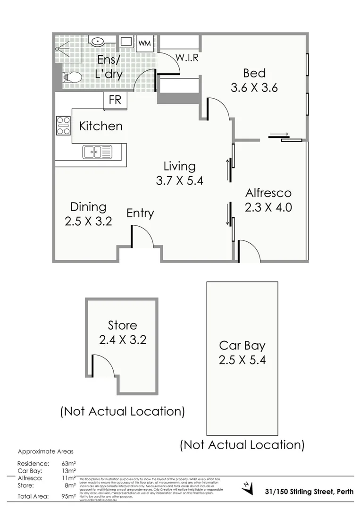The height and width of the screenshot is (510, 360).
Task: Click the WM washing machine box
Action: click(x=145, y=43)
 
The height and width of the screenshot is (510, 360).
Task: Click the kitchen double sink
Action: click(x=97, y=152)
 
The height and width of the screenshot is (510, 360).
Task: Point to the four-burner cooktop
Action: click(x=63, y=126)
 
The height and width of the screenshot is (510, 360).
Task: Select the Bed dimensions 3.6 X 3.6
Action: click(x=254, y=88)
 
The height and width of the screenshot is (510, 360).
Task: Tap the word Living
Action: click(x=179, y=166)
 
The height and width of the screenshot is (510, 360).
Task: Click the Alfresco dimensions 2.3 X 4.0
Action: click(x=268, y=207)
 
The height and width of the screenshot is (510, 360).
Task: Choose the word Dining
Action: click(x=88, y=207)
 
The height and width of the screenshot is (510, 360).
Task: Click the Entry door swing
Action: click(x=142, y=237)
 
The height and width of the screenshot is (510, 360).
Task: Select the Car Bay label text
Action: click(x=242, y=345)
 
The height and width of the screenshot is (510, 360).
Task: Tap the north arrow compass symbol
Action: click(x=246, y=486)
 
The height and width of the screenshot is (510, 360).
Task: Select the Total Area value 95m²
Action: click(x=68, y=496)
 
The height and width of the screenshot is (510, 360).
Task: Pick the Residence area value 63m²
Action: click(x=69, y=464)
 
